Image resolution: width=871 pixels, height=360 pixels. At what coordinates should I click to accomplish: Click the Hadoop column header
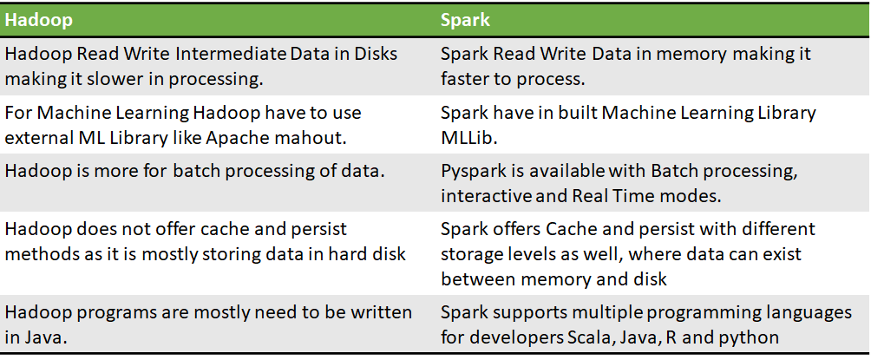[x=38, y=18]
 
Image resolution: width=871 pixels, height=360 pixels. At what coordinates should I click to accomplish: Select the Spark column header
[x=464, y=18]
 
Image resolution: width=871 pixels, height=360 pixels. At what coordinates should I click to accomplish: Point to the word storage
[x=473, y=254]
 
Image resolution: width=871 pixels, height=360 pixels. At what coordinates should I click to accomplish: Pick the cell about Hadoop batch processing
[x=194, y=171]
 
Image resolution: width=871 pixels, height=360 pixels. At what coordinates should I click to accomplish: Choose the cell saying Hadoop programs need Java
[x=208, y=324]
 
